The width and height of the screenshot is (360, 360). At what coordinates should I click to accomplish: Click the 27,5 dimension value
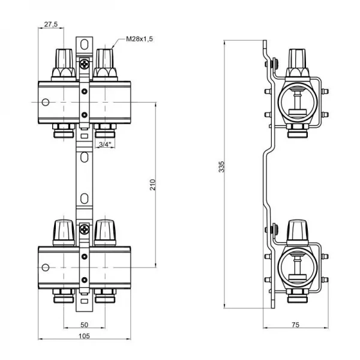tap(51, 25)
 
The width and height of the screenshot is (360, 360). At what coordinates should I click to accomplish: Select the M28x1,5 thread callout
tap(139, 38)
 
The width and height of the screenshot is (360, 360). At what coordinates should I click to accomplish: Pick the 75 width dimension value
tap(295, 325)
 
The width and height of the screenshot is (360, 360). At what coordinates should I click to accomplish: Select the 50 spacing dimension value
tap(84, 325)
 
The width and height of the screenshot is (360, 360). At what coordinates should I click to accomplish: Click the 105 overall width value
tap(84, 336)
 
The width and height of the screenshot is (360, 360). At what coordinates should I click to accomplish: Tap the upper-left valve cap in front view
tap(63, 59)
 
